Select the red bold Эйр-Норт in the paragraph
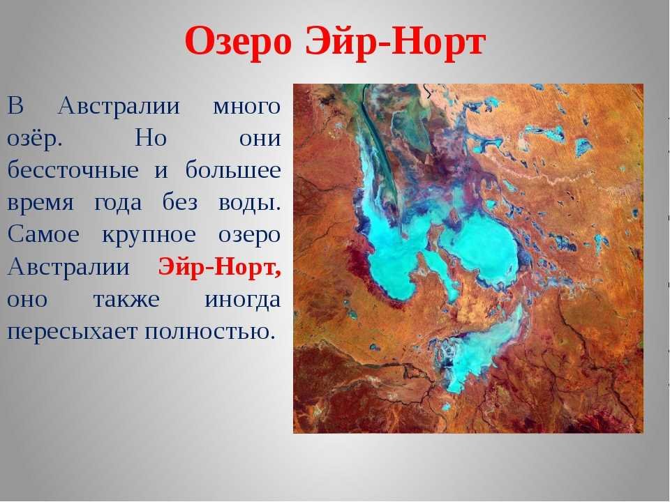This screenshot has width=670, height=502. (x=220, y=267)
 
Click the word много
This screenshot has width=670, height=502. (x=246, y=106)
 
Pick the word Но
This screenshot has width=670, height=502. (x=151, y=137)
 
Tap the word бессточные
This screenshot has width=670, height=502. (x=73, y=169)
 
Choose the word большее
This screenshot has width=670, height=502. (x=233, y=169)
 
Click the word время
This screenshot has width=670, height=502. (x=40, y=203)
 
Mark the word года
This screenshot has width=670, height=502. (x=118, y=202)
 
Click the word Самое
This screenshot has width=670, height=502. (x=43, y=234)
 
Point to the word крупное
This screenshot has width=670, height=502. (x=149, y=236)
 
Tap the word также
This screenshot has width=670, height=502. (x=126, y=299)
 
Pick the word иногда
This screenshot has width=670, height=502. (x=243, y=299)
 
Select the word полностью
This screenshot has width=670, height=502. (x=209, y=331)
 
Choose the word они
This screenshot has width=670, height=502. (x=260, y=138)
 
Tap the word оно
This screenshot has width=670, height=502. (x=27, y=300)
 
